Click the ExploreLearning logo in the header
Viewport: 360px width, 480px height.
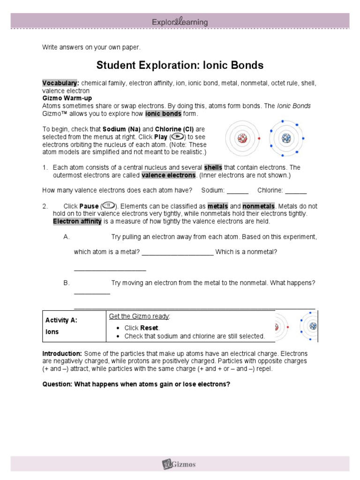[180, 22]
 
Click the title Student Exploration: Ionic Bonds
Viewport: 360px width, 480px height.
[180, 65]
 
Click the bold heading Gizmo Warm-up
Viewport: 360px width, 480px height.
[67, 98]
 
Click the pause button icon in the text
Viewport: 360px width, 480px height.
[108, 206]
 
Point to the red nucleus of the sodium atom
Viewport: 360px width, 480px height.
[242, 138]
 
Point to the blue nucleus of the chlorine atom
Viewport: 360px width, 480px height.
[286, 138]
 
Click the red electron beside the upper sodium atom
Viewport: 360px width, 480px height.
[259, 139]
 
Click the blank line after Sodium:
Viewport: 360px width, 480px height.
[237, 190]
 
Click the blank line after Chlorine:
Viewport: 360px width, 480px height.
[296, 190]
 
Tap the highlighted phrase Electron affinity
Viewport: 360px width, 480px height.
[77, 221]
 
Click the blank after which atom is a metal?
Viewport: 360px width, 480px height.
[178, 253]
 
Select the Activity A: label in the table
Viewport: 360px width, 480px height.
[61, 320]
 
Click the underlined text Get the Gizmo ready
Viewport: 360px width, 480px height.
[139, 317]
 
